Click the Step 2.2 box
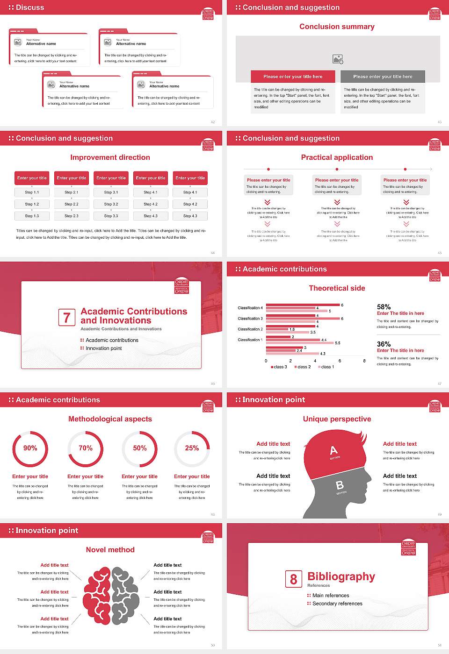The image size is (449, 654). [72, 204]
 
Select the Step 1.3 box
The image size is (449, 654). [32, 216]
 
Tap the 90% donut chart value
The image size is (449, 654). [30, 448]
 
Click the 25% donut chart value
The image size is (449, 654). [192, 448]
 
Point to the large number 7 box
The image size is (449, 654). [66, 318]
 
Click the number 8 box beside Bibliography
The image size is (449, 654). [293, 579]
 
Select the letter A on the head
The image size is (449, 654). [333, 450]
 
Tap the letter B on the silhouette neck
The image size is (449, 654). [340, 485]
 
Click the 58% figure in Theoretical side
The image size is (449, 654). [384, 307]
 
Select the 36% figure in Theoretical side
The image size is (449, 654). [384, 344]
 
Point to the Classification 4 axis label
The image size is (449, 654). [250, 308]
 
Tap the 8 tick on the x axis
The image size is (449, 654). [364, 361]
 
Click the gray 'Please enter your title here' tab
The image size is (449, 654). [383, 77]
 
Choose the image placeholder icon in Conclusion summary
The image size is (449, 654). [338, 59]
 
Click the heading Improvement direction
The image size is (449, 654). [110, 157]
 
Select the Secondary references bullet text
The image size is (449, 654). [337, 604]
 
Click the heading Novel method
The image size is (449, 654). [110, 550]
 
